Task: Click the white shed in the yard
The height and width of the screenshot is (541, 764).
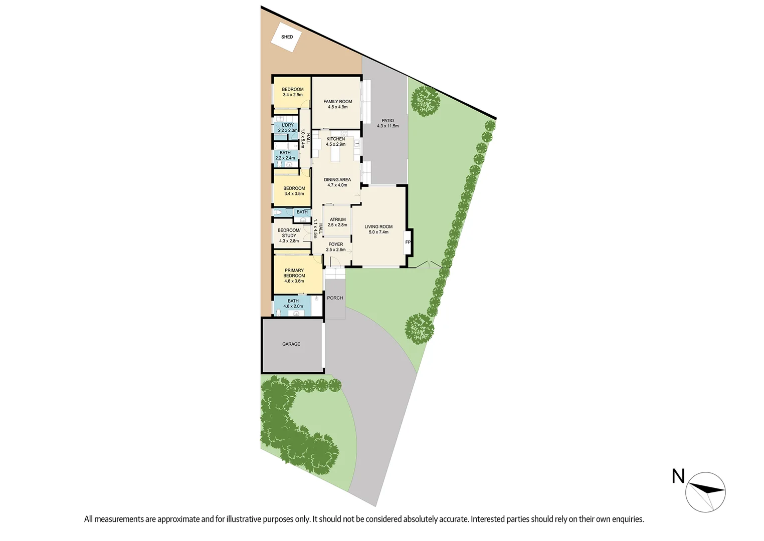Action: [286, 37]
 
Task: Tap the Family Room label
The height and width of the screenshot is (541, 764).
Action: [338, 102]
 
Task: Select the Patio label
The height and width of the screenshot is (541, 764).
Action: [388, 121]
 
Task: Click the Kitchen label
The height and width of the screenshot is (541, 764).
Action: [335, 139]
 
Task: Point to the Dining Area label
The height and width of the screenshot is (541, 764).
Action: [337, 180]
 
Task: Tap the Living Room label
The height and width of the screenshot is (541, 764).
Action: [378, 227]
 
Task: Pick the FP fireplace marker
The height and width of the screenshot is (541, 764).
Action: [408, 242]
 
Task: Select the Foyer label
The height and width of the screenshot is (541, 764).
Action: [336, 244]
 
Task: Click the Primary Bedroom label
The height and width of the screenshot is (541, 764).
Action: [294, 273]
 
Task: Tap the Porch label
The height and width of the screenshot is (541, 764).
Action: [335, 298]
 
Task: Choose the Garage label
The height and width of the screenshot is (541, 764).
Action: [291, 344]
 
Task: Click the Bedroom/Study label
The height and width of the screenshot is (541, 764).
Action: [289, 233]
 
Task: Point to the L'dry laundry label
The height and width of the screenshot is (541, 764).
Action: [288, 125]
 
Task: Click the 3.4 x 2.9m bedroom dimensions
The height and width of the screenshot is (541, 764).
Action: [293, 95]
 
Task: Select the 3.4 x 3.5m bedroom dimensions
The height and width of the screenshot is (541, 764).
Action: [294, 194]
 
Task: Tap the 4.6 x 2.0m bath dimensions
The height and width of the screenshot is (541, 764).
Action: [293, 307]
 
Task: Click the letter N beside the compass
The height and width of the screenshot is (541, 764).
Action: [678, 476]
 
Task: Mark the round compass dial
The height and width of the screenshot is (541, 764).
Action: [705, 492]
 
